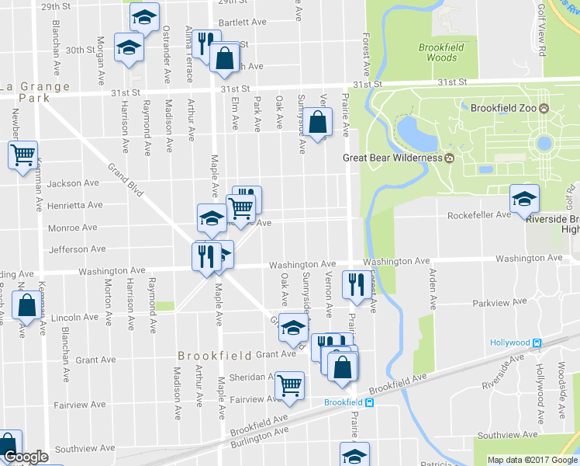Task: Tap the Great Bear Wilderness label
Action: (x=393, y=158)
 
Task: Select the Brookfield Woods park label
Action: (x=441, y=52)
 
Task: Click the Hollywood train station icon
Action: (x=537, y=343)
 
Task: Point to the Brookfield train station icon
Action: (x=370, y=402)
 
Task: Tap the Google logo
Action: (x=25, y=457)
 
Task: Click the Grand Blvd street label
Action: (x=126, y=179)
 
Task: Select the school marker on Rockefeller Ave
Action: (x=524, y=199)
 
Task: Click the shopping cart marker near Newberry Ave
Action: (x=22, y=154)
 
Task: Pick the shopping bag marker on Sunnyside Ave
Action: (x=317, y=121)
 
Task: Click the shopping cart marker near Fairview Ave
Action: (x=289, y=384)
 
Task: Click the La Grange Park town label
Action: (x=35, y=92)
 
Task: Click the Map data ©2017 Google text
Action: (x=533, y=459)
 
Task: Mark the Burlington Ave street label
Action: (x=259, y=437)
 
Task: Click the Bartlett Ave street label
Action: (x=243, y=23)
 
